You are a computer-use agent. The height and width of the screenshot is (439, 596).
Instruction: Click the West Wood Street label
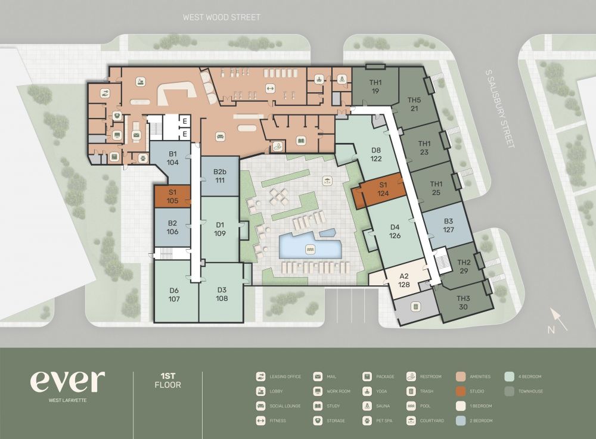tap(221, 17)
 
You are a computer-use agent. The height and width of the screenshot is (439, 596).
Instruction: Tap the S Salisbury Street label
tap(499, 108)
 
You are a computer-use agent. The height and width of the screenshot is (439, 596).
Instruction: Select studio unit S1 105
tap(172, 197)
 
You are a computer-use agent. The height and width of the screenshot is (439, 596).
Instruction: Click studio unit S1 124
tap(383, 190)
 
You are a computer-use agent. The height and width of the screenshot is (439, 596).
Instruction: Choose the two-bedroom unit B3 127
tap(448, 227)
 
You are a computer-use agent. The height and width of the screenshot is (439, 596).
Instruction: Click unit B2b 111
tap(219, 176)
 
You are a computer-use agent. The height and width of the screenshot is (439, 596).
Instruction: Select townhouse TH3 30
tap(464, 302)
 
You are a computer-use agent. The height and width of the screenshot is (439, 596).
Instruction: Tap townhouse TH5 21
tap(414, 104)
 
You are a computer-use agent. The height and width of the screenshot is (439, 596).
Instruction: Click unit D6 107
tap(174, 294)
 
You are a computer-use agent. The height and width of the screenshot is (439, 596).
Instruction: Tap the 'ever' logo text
tap(67, 382)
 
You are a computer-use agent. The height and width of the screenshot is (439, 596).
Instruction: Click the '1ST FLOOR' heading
tap(167, 381)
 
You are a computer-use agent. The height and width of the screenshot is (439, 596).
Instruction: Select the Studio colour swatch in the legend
tap(460, 391)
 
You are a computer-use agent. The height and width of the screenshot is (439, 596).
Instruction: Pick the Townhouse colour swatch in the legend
tap(509, 391)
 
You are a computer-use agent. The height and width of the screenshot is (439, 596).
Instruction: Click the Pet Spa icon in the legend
tap(368, 421)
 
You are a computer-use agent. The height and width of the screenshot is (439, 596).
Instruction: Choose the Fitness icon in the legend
tap(261, 421)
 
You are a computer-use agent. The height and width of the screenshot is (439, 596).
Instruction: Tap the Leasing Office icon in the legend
tap(261, 376)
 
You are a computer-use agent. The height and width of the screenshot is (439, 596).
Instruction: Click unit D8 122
tap(375, 154)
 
